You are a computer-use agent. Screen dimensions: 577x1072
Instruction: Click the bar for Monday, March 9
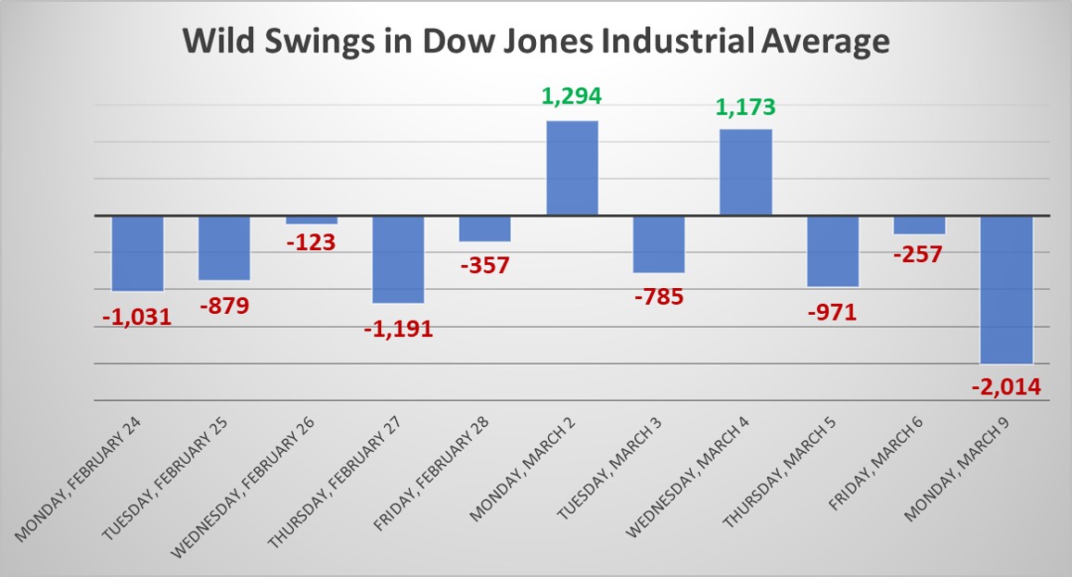coord(1007,289)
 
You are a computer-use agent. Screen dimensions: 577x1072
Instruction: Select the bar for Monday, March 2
coord(572,169)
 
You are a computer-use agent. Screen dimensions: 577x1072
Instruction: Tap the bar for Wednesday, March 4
coord(747,172)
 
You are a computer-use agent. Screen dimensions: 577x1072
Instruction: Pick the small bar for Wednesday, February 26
coord(312,220)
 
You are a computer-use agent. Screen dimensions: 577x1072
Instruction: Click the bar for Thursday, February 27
coord(399,259)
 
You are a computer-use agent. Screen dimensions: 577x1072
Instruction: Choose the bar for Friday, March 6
coord(920,225)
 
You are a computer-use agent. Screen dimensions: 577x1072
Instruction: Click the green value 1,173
coord(746,108)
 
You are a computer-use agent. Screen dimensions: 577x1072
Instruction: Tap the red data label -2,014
coord(1007,386)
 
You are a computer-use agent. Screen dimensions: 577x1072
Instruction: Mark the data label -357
coord(485,265)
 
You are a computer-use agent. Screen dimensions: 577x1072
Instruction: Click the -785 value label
coord(659,297)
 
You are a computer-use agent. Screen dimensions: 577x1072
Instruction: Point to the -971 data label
coord(832,311)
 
